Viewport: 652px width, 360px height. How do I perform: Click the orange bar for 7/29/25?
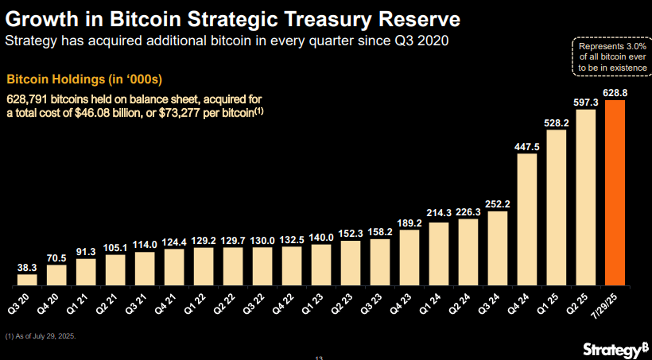[x=615, y=192]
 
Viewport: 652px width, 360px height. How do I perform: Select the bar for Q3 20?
[x=27, y=279]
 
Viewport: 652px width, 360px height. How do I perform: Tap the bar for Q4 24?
[x=527, y=219]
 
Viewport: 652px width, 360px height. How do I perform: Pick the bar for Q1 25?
[x=557, y=207]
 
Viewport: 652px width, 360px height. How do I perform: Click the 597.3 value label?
[x=586, y=102]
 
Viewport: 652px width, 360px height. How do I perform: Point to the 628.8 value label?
[x=615, y=93]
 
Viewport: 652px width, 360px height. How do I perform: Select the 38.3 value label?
[x=27, y=269]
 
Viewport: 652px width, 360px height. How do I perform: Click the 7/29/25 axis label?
[x=614, y=305]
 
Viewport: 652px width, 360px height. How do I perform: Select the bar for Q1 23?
[x=322, y=265]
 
